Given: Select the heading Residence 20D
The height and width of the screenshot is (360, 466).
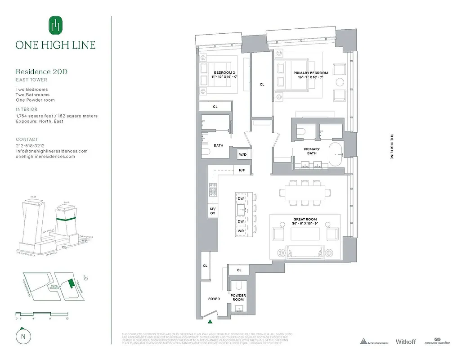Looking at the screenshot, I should (42, 72).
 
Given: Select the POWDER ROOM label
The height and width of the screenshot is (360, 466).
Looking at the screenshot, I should (238, 297).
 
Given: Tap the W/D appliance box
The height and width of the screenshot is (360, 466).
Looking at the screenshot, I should (243, 155).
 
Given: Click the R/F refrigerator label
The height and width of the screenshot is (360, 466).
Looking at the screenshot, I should (242, 171).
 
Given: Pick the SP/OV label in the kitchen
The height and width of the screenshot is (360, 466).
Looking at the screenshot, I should (212, 211).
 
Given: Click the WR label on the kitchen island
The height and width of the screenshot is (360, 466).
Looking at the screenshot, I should (241, 231).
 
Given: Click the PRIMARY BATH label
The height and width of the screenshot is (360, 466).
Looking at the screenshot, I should (312, 152).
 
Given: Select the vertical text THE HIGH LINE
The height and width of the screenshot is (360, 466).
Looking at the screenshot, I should (391, 147).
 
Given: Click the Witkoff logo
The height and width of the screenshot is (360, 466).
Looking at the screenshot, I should (406, 342).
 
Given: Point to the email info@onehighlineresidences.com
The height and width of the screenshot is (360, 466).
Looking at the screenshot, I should (52, 151).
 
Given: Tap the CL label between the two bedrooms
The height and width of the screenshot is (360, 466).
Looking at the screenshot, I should (261, 84).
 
